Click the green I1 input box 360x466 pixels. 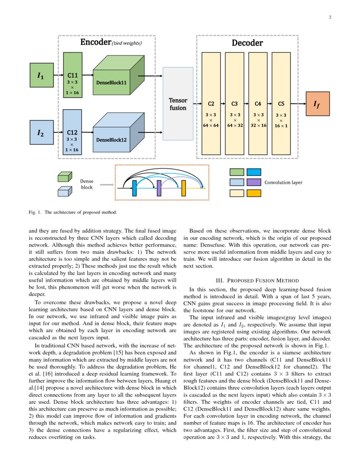pyautogui.click(x=41, y=76)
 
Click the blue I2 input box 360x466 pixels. pyautogui.click(x=41, y=133)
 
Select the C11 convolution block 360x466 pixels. pyautogui.click(x=72, y=75)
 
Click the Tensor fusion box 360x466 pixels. pyautogui.click(x=178, y=104)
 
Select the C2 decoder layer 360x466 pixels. pyautogui.click(x=211, y=104)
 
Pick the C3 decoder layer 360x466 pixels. pyautogui.click(x=235, y=104)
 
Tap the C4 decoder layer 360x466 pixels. pyautogui.click(x=258, y=104)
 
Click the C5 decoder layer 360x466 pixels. pyautogui.click(x=281, y=104)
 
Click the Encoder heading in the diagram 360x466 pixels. pyautogui.click(x=96, y=42)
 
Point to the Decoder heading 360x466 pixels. pyautogui.click(x=247, y=43)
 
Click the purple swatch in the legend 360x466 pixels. pyautogui.click(x=254, y=182)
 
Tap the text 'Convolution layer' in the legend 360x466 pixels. pyautogui.click(x=283, y=183)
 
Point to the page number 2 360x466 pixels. pyautogui.click(x=330, y=17)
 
